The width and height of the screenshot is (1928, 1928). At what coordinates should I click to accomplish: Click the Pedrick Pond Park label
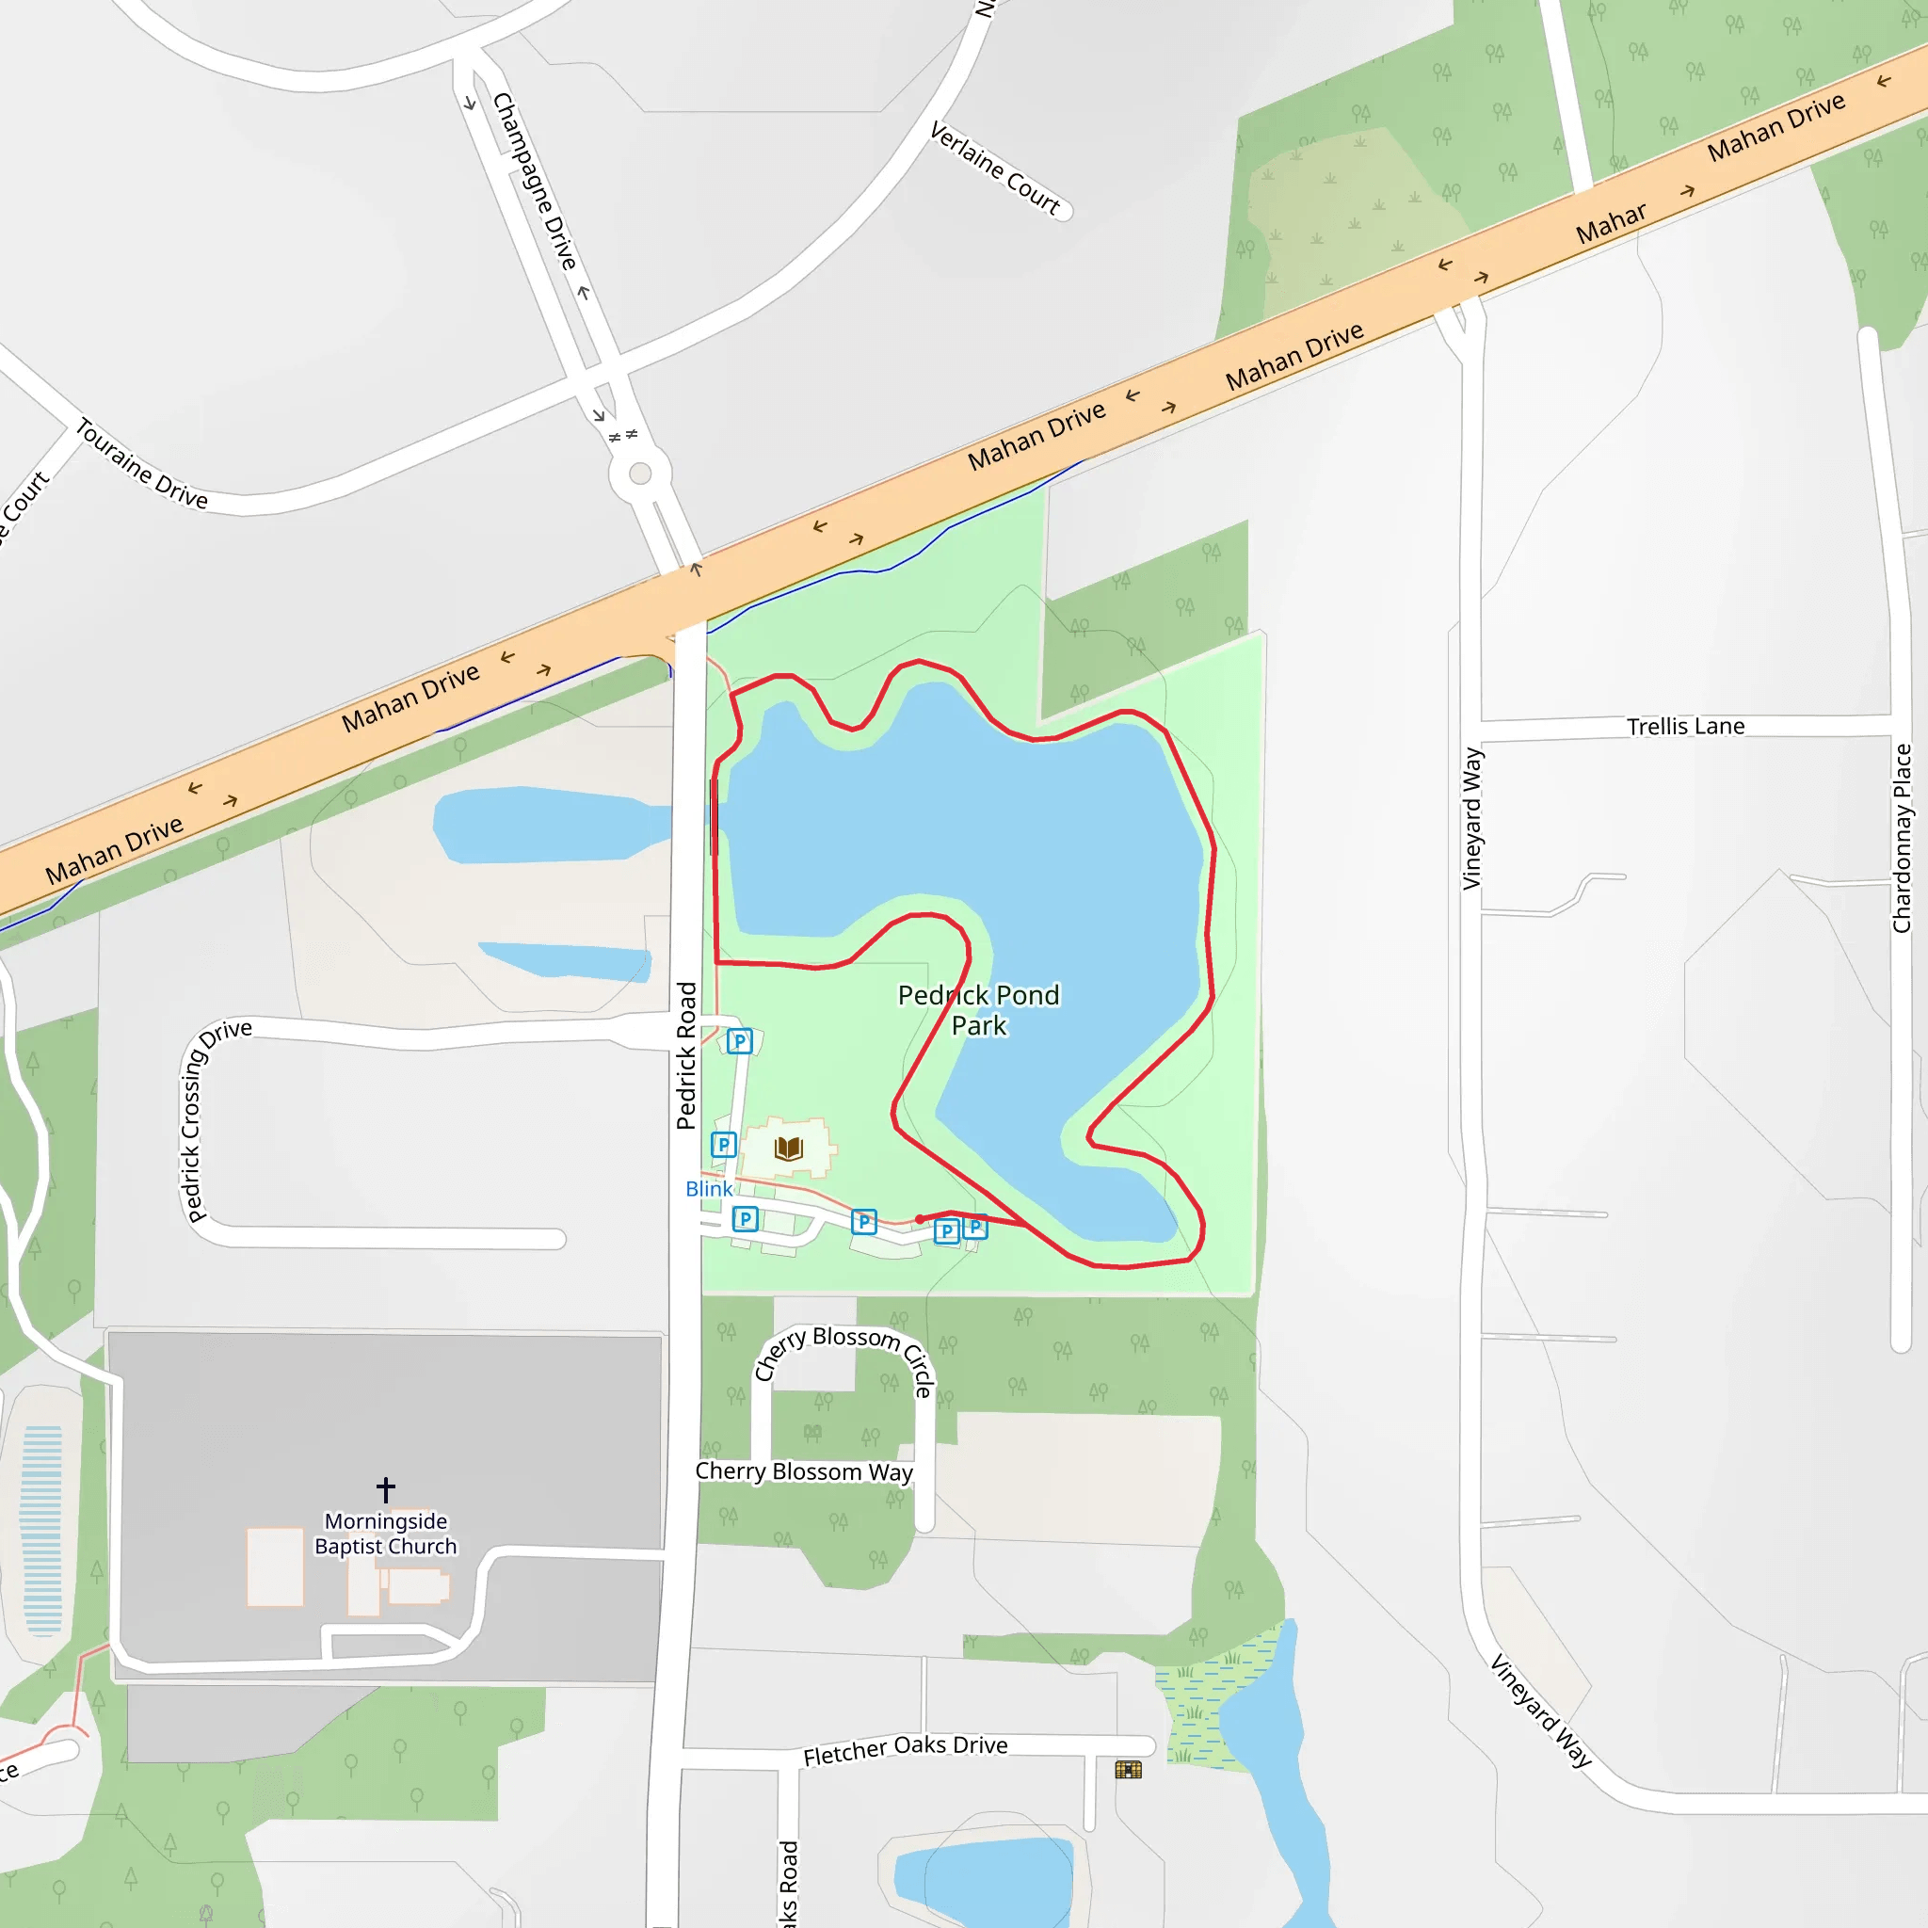coord(978,1010)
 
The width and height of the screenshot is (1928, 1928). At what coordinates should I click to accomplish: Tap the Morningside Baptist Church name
coord(385,1534)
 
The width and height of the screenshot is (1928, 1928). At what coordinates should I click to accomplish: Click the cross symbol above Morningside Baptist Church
coord(386,1490)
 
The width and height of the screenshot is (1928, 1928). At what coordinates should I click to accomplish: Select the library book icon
coord(788,1148)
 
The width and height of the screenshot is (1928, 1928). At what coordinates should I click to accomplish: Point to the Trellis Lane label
coord(1685,727)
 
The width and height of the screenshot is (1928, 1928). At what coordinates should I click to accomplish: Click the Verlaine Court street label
coord(995,168)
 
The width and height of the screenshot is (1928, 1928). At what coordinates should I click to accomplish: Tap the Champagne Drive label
coord(536,181)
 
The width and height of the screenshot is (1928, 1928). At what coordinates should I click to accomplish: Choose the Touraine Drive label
coord(142,464)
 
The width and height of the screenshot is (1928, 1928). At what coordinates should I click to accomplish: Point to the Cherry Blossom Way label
coord(803,1472)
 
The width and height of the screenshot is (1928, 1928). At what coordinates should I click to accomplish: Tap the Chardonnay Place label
coord(1901,838)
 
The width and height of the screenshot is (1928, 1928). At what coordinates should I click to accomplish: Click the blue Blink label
coord(709,1189)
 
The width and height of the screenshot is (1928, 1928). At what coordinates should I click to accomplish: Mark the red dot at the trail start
coord(919,1218)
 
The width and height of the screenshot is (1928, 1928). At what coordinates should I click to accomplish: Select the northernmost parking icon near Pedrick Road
coord(739,1042)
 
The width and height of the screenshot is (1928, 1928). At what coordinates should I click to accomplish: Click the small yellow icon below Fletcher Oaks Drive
coord(1128,1769)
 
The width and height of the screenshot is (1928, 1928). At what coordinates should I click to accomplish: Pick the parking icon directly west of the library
coord(724,1145)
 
